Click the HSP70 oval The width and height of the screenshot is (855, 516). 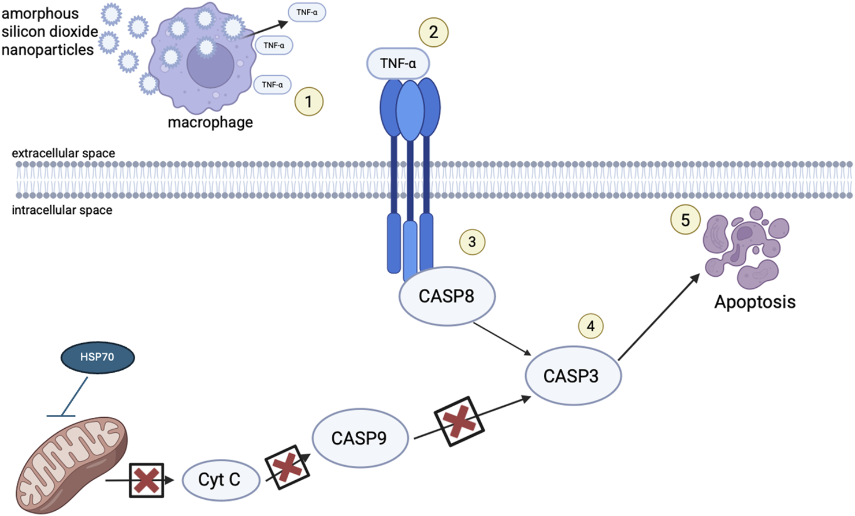point(98,357)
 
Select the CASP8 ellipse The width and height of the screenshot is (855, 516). point(447,296)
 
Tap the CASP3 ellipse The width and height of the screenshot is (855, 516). point(573,376)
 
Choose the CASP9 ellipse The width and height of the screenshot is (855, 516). point(360,438)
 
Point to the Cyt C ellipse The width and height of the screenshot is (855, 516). point(220,480)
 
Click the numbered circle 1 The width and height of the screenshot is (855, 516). point(308,102)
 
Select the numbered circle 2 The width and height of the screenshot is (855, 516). point(433,32)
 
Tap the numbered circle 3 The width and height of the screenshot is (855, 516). point(472,242)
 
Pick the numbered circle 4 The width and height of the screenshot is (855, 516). point(590,326)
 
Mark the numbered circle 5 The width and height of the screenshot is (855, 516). point(685,220)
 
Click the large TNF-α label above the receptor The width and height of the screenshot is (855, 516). point(398,64)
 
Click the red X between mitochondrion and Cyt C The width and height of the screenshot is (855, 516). point(146,480)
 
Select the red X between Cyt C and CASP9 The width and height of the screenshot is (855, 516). point(287,467)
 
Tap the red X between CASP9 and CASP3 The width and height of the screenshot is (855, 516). point(459,421)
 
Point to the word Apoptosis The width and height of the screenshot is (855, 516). point(754,302)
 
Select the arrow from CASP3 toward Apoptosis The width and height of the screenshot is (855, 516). point(659,317)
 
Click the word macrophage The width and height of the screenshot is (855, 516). point(210,122)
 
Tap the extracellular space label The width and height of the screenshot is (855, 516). point(64,153)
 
